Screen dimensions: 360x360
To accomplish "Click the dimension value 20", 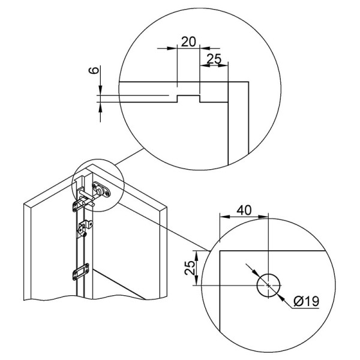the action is [188, 41].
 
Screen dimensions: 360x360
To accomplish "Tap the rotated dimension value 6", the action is [94, 70].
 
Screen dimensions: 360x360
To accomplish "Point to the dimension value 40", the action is [244, 210].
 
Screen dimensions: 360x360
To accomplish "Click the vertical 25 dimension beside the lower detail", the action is [190, 268].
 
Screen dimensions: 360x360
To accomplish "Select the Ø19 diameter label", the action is [306, 301].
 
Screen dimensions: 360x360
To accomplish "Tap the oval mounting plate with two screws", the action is [101, 190].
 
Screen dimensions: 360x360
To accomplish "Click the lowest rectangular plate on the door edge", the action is [81, 272].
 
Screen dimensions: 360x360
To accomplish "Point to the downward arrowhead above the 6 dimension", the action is [100, 89].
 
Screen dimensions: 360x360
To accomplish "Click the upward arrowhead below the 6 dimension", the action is [100, 107].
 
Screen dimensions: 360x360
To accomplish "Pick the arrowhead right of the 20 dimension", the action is [205, 48].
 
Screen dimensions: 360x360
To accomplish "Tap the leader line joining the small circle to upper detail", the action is [130, 157].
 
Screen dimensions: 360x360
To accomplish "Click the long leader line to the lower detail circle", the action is [164, 226].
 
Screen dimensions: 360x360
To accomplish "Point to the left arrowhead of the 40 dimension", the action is [225, 217].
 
